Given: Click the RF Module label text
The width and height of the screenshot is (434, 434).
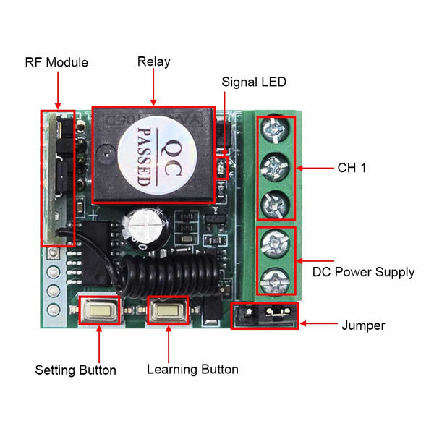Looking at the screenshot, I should click(x=56, y=63).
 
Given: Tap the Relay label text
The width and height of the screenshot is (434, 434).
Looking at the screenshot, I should click(x=153, y=62).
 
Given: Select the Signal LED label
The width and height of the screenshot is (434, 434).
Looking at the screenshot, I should click(x=254, y=82).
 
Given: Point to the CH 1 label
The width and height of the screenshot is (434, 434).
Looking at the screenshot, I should click(x=352, y=168).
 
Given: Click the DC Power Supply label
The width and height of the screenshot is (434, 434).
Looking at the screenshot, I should click(x=363, y=273).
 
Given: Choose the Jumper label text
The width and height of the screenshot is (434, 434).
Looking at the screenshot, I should click(x=363, y=325).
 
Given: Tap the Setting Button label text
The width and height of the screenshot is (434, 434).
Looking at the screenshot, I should click(x=76, y=370).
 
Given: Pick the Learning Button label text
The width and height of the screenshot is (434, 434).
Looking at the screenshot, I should click(x=192, y=370).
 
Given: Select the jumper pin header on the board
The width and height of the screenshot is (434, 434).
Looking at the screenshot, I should click(x=263, y=316).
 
